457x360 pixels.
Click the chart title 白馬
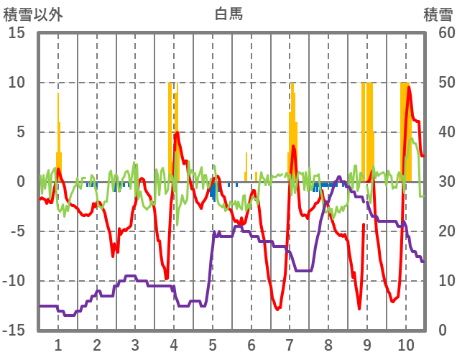tap(228, 14)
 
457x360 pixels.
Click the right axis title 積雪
tap(437, 14)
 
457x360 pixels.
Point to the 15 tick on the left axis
tap(17, 33)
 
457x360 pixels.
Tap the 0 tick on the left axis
tap(22, 182)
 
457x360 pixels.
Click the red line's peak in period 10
tap(410, 87)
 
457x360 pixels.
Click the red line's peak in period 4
tap(177, 132)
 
